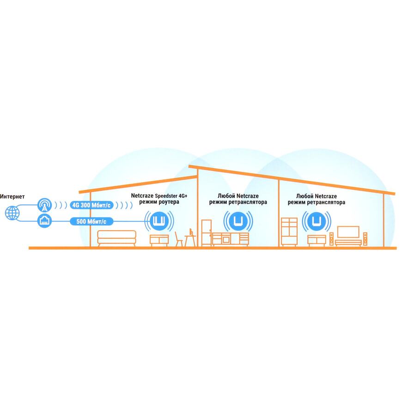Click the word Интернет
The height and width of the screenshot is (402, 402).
coord(12,197)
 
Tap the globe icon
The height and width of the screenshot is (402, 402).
coord(12,213)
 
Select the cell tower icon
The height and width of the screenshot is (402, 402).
coord(44,205)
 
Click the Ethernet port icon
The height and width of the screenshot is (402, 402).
coord(44,221)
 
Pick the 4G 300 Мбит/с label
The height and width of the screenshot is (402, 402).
coord(91,205)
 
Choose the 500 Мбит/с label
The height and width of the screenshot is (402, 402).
coord(91,221)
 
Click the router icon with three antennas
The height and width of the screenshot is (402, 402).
coord(159,221)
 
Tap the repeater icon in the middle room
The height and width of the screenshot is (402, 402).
coord(238,221)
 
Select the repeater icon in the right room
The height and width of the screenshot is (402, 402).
coord(317,221)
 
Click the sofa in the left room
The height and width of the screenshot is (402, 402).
coord(116,238)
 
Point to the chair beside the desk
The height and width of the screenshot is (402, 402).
coord(178,239)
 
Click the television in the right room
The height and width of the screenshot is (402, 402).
coord(348,232)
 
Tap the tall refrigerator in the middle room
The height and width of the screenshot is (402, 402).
coord(207,233)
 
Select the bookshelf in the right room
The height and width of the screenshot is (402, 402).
coord(289,232)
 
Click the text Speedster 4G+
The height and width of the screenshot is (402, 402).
coord(171,196)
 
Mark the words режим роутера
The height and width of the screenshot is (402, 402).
coord(159,202)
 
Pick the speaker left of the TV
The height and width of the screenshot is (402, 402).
coord(331,239)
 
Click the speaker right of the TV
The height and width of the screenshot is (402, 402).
coord(365,239)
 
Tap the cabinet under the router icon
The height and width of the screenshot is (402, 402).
coord(159,240)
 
